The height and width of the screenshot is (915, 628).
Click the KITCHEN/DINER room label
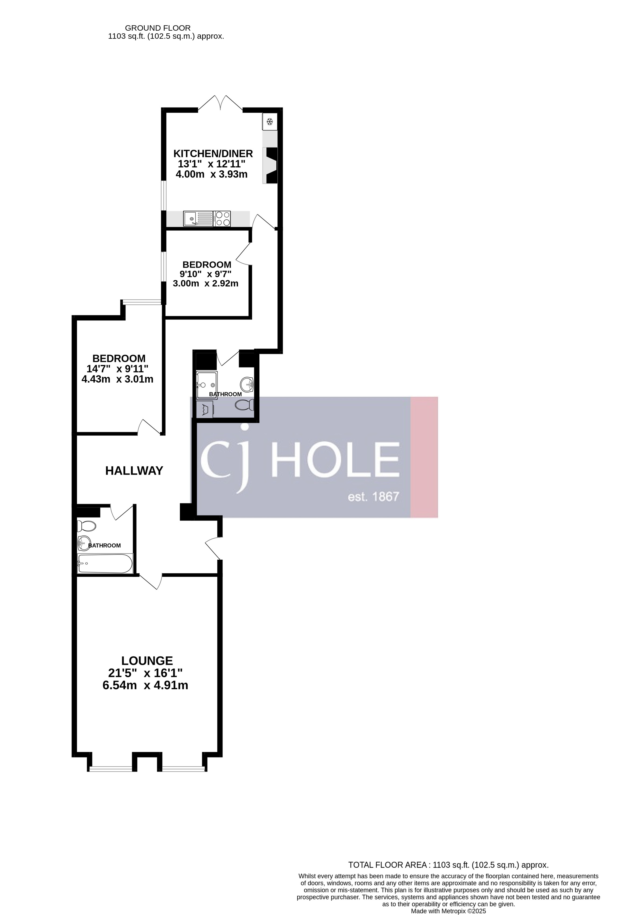[x=213, y=153]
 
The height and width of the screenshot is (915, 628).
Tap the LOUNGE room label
[x=147, y=661]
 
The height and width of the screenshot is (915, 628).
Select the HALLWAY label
[x=134, y=470]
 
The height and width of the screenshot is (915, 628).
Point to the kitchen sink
[x=198, y=219]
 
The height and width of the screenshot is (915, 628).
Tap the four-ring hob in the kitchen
[x=222, y=219]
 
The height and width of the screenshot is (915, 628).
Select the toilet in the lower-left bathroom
[x=87, y=526]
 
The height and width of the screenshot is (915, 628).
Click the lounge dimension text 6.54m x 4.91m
[x=145, y=685]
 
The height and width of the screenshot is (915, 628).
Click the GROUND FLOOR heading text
[x=158, y=28]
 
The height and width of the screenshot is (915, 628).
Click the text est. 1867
[x=373, y=496]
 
